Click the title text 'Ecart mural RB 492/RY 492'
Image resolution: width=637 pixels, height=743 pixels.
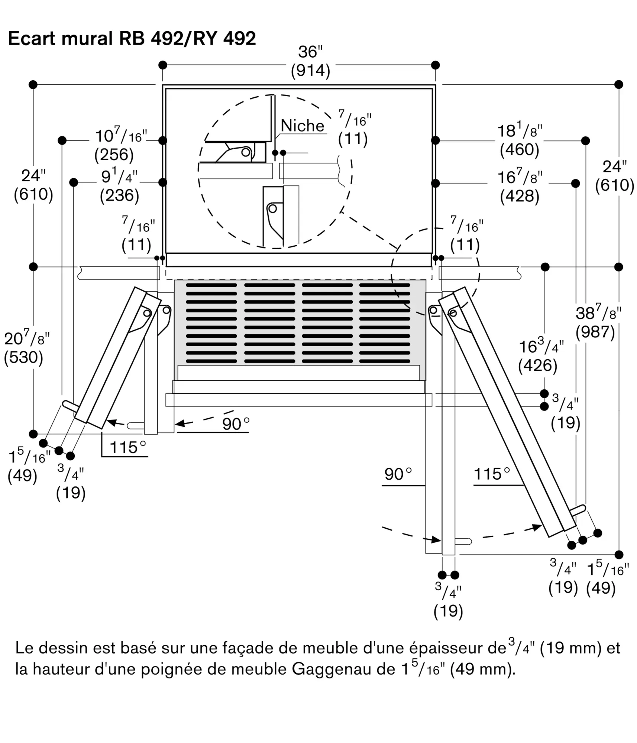point(132,39)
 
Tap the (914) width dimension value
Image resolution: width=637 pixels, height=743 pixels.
point(310,71)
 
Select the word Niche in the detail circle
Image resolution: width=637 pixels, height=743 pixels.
point(302,126)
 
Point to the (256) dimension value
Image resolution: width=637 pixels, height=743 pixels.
point(114,155)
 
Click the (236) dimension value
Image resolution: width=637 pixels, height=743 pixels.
point(119,195)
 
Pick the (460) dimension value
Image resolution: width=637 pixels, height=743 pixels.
point(519,149)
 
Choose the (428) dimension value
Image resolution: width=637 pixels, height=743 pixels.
point(519,196)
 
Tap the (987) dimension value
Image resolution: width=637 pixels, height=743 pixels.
point(595,332)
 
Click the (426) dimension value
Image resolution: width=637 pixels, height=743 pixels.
point(537,366)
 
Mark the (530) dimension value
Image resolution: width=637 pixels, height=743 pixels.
point(23,357)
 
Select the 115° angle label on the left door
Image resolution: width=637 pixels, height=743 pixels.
point(127,447)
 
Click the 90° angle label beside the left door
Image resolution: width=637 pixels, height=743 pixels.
point(236,424)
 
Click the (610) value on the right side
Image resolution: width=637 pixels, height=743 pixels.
point(614,185)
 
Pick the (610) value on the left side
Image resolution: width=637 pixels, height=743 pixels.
point(33,194)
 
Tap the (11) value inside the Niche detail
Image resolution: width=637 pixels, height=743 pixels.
point(353,139)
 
